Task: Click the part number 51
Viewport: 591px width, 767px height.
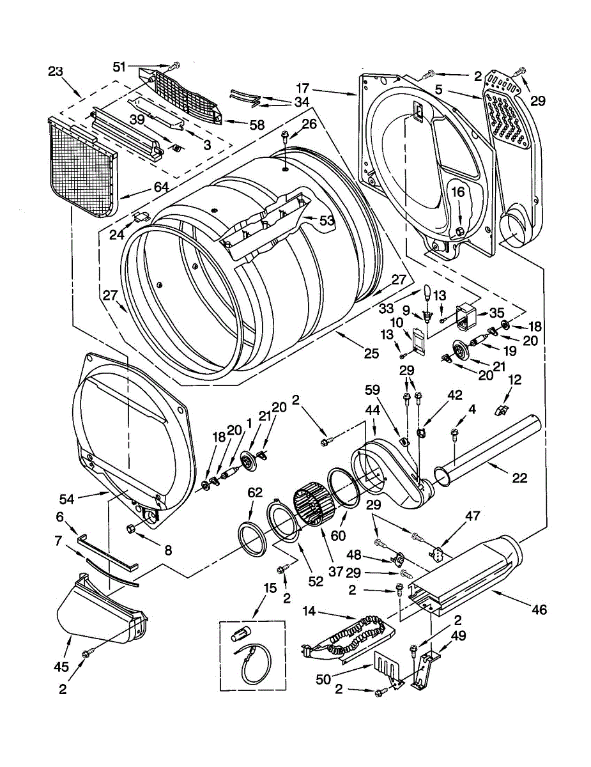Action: tap(119, 66)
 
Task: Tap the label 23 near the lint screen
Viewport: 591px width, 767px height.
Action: tap(56, 72)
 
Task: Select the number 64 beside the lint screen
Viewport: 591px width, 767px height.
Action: tap(160, 187)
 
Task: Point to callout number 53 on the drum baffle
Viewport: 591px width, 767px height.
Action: tap(326, 221)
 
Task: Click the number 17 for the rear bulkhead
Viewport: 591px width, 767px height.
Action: tap(303, 88)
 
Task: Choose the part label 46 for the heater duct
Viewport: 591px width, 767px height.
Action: tap(539, 619)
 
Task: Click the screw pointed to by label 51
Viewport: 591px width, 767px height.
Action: tap(174, 65)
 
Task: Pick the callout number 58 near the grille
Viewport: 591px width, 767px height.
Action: tap(257, 125)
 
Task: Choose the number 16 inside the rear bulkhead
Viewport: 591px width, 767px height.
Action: tap(457, 192)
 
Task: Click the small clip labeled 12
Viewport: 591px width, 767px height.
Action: tap(502, 410)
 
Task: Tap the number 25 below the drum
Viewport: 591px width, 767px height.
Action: tap(372, 353)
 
